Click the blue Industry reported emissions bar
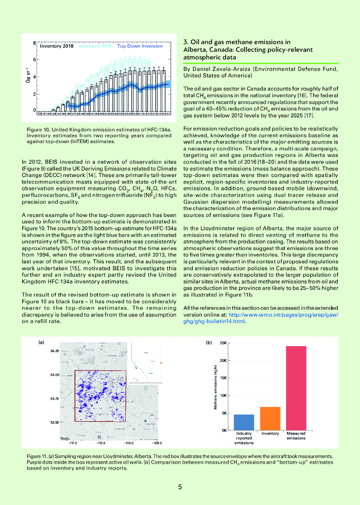(x=244, y=422)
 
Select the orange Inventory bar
(x=270, y=418)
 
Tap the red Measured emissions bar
(x=296, y=388)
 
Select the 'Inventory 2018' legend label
(x=56, y=46)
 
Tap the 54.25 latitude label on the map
(x=54, y=351)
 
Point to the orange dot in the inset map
(x=161, y=363)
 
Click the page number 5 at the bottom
(x=180, y=487)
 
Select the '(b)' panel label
(x=209, y=342)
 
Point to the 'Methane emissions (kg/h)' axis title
(x=216, y=387)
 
